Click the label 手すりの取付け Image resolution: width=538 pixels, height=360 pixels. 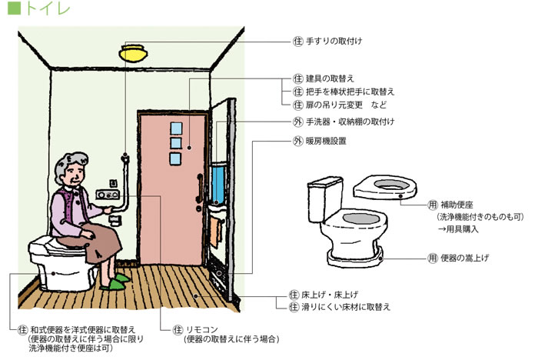click(x=334, y=40)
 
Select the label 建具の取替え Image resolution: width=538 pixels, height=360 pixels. click(x=331, y=79)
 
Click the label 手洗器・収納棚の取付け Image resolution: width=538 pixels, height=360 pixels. click(x=350, y=122)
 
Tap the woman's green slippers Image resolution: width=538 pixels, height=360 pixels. click(x=116, y=282)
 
